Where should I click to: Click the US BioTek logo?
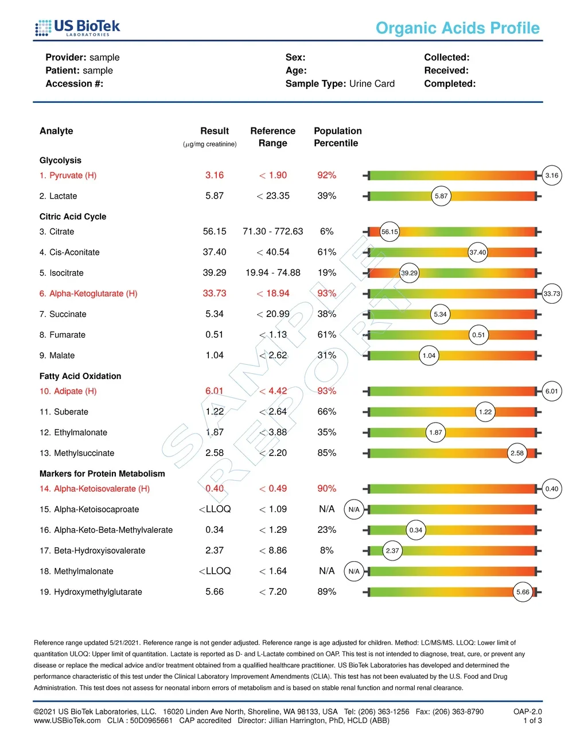pos(77,28)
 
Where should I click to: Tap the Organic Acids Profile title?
pos(457,28)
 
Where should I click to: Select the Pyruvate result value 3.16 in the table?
pos(215,175)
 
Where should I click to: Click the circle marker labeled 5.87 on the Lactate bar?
pos(441,196)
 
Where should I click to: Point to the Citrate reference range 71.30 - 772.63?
pos(273,231)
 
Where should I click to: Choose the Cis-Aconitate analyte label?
pos(69,252)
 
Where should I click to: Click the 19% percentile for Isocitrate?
pos(326,273)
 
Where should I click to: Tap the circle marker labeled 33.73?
pos(551,293)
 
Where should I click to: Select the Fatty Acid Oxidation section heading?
pos(80,376)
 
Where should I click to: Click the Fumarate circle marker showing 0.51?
pos(478,335)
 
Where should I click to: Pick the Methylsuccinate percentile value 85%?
pos(326,453)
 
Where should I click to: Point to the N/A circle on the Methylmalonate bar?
pos(354,571)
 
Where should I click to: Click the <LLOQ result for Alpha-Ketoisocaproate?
pos(215,509)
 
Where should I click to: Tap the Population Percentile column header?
pos(337,137)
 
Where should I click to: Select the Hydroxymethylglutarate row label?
pos(91,592)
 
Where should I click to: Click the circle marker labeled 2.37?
pos(392,551)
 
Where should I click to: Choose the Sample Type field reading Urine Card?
pos(340,84)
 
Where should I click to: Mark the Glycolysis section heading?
pos(60,160)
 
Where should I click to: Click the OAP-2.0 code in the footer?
pos(527,712)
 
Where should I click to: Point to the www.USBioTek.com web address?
pos(67,721)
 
